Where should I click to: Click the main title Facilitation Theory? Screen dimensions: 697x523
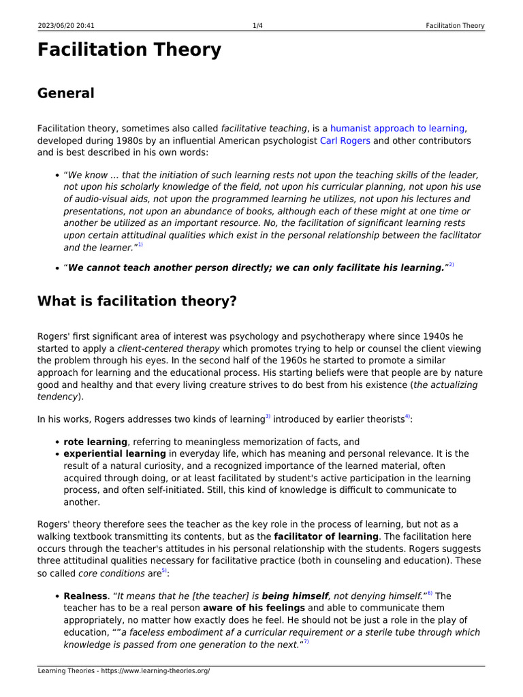(129, 50)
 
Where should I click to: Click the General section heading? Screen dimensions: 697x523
(66, 93)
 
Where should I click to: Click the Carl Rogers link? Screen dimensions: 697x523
(345, 141)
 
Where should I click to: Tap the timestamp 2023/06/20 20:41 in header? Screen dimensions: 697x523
(66, 26)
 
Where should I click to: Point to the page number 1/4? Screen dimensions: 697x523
(257, 26)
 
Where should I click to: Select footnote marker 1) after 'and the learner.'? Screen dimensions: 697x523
(140, 245)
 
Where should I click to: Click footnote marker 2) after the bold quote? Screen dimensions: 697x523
(450, 265)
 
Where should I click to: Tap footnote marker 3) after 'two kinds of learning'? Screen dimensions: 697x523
(268, 417)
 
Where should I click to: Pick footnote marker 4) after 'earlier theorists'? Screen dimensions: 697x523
(407, 417)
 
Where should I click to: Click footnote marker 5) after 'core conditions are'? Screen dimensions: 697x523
(164, 570)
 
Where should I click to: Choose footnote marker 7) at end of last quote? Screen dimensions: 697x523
(306, 642)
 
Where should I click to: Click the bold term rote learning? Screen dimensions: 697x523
(95, 442)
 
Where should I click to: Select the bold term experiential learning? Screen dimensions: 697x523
(114, 453)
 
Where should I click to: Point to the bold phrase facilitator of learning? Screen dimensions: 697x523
(326, 536)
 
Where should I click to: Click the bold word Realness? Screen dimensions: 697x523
(85, 596)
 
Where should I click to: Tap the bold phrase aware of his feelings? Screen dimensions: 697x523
(254, 607)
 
